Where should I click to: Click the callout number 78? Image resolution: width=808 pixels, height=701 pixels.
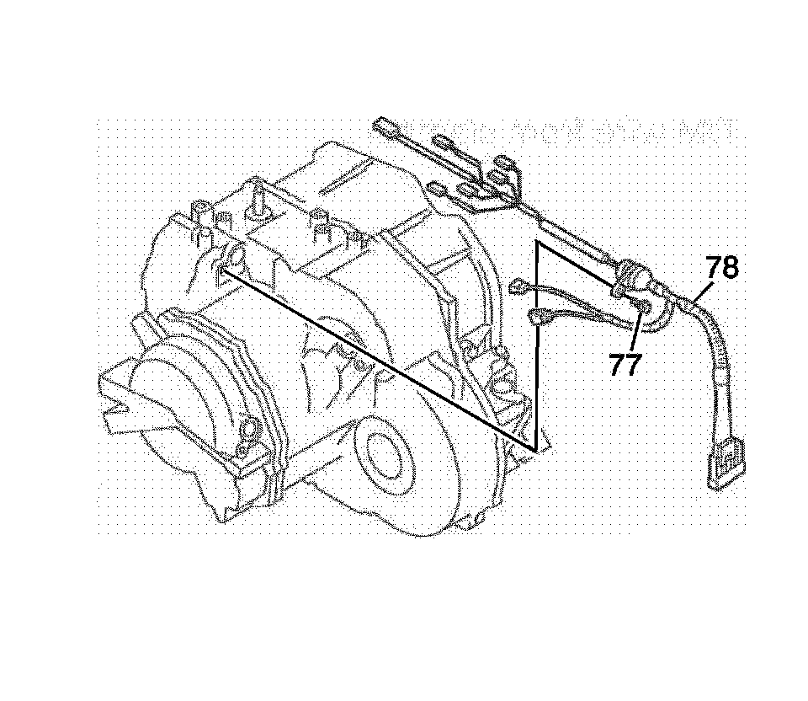pyautogui.click(x=721, y=269)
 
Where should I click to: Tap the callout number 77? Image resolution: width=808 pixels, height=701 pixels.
pyautogui.click(x=625, y=365)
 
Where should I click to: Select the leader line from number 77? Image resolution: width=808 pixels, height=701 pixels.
pyautogui.click(x=636, y=332)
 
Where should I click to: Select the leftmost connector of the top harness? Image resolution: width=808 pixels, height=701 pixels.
pyautogui.click(x=388, y=128)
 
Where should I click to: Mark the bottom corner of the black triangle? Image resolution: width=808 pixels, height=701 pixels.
pyautogui.click(x=534, y=447)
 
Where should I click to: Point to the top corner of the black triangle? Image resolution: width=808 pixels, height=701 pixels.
pyautogui.click(x=537, y=244)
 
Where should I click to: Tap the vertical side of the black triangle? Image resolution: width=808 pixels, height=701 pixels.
pyautogui.click(x=536, y=345)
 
